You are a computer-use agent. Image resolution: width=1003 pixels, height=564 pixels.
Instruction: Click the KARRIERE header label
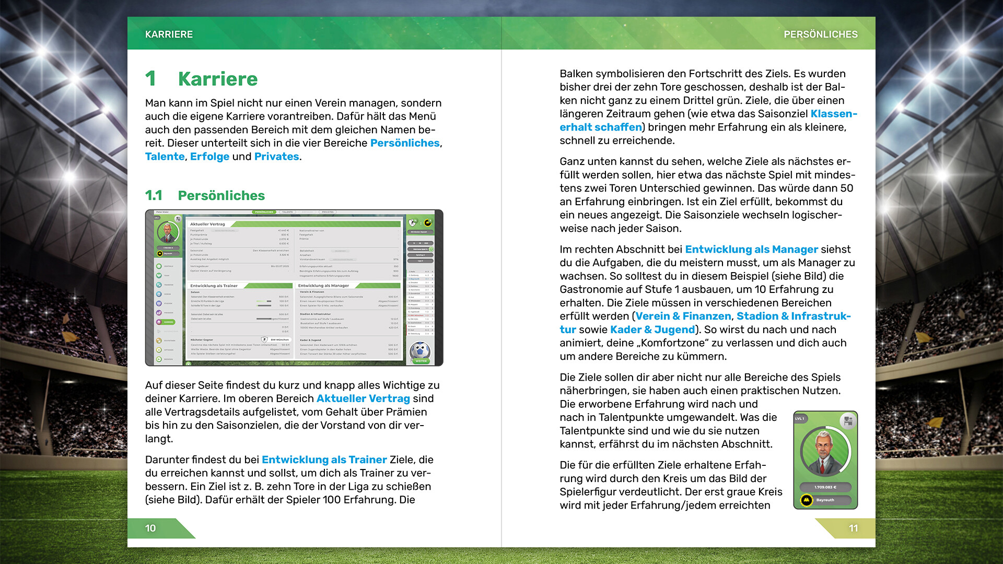(169, 34)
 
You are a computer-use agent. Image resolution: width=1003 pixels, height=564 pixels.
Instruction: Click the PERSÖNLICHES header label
(820, 34)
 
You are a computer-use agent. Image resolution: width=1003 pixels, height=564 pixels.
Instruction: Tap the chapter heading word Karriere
(217, 79)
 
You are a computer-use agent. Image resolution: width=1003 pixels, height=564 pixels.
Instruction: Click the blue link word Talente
(165, 157)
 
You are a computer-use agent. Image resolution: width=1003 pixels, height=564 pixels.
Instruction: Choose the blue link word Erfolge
(209, 157)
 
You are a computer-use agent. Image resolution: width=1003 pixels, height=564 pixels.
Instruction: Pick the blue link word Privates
(276, 157)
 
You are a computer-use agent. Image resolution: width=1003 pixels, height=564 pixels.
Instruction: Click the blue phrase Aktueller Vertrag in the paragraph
(363, 398)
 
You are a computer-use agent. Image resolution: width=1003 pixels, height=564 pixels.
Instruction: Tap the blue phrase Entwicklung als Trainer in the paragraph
(324, 460)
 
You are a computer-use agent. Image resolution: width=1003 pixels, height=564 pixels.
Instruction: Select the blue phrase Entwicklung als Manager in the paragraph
(751, 250)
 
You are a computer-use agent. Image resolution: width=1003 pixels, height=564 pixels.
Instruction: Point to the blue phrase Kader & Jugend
(652, 330)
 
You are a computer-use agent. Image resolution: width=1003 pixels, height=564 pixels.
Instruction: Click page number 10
(150, 528)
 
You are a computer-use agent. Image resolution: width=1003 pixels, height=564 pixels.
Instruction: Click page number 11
(853, 528)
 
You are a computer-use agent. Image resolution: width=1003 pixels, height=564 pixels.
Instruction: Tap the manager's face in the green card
(823, 449)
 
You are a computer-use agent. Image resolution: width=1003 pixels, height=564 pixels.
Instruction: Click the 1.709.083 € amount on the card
(825, 487)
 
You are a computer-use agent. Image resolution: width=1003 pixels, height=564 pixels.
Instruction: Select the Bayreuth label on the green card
(825, 500)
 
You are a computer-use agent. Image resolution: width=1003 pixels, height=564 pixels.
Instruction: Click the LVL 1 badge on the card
(800, 418)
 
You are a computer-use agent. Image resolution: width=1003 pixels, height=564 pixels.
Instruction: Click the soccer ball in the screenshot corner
(420, 351)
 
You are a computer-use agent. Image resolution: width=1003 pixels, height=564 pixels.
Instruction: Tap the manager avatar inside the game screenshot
(167, 231)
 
